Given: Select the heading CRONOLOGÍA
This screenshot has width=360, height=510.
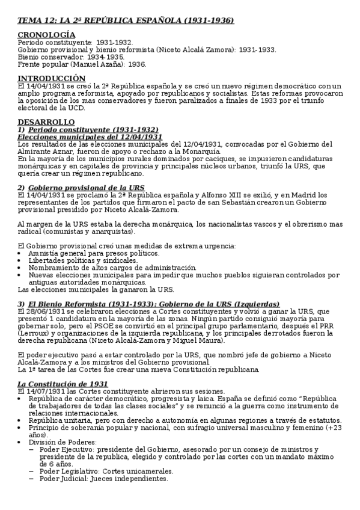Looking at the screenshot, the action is (46, 35).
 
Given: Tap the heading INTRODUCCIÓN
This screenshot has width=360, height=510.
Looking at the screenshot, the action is (52, 78).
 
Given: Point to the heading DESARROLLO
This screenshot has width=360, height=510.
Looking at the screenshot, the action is (46, 121).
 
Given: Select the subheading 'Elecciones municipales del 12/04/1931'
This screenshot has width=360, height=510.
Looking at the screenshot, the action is (90, 137).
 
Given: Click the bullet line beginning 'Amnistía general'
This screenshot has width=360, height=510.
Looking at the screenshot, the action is (84, 253).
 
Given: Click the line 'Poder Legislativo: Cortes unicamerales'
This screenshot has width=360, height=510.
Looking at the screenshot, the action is (106, 471).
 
